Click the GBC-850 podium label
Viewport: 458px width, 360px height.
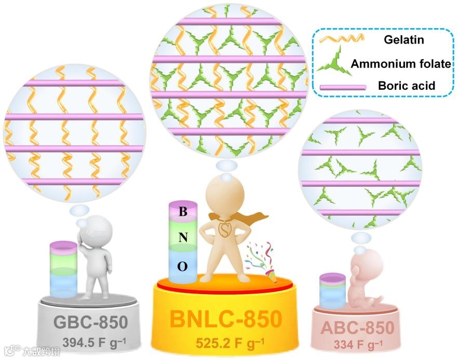pos(91,323)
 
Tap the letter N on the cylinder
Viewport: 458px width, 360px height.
pos(182,238)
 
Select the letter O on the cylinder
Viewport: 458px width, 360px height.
pos(182,266)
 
